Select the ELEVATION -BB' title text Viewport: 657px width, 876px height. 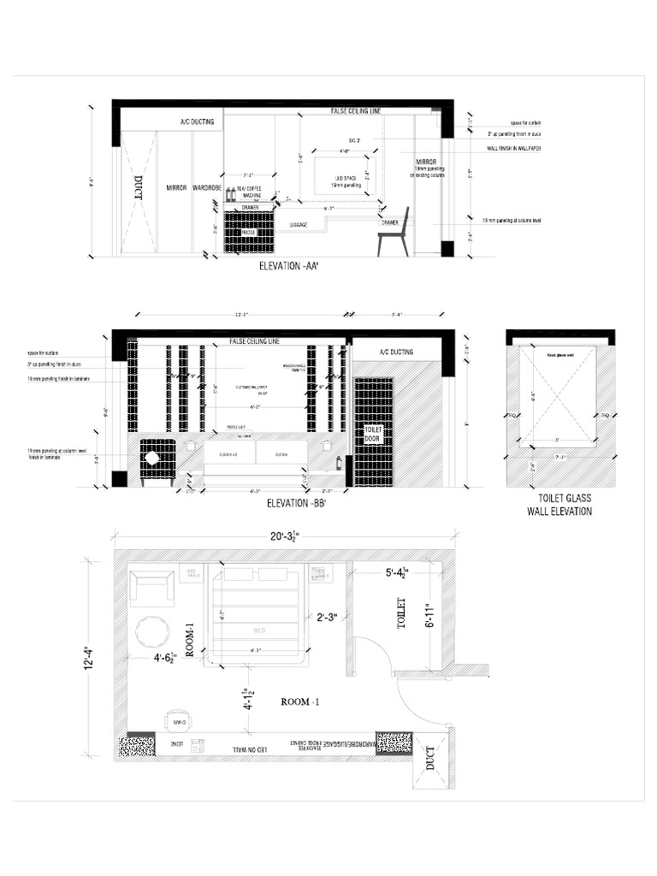[299, 502]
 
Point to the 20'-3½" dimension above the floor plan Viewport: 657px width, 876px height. [284, 536]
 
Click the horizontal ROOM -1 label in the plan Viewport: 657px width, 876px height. [299, 701]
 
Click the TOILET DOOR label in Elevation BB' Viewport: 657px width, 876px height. [373, 434]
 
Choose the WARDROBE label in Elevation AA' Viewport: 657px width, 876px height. [208, 187]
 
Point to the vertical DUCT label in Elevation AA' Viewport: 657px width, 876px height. [138, 188]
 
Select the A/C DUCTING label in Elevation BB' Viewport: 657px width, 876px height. [394, 352]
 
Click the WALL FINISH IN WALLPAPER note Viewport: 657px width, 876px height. [515, 148]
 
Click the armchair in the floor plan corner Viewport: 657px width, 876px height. [151, 587]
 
